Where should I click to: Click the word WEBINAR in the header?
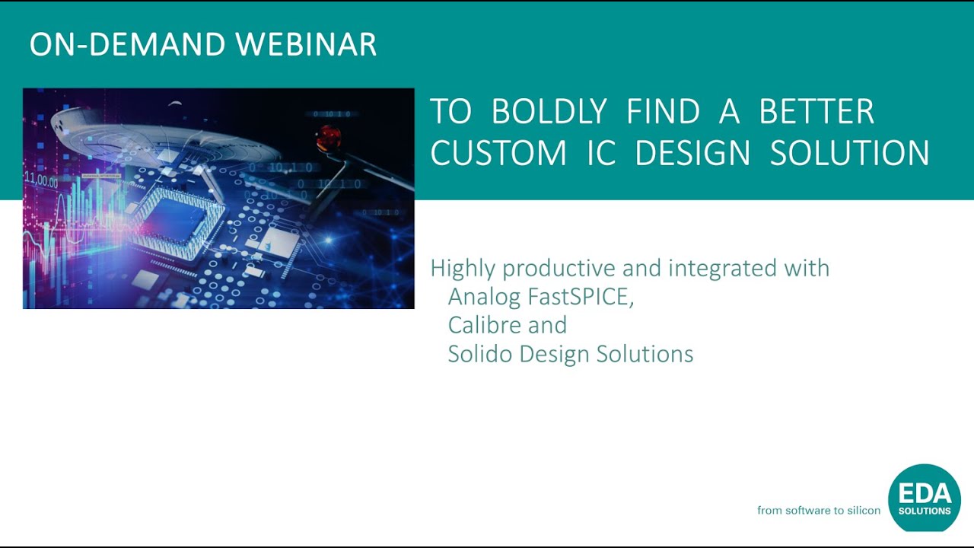click(x=306, y=44)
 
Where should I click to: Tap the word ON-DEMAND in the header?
click(x=127, y=44)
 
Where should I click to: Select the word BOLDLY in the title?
click(x=549, y=111)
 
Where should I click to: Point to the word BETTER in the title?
click(x=816, y=111)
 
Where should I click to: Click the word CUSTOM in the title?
click(x=498, y=152)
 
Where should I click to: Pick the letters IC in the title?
click(x=601, y=152)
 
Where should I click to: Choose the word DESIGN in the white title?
click(x=692, y=152)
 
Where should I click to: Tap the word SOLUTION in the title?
click(x=850, y=152)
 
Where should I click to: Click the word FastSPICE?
click(x=581, y=297)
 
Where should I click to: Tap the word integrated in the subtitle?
click(x=722, y=269)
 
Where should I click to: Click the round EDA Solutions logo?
click(x=924, y=498)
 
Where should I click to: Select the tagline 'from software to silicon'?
click(x=819, y=510)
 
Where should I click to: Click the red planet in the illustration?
click(x=328, y=136)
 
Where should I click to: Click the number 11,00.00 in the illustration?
click(x=41, y=179)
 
